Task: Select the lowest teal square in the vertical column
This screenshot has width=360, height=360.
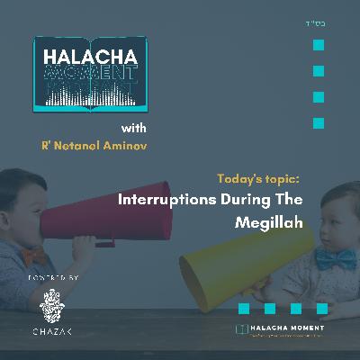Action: coord(318,122)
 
